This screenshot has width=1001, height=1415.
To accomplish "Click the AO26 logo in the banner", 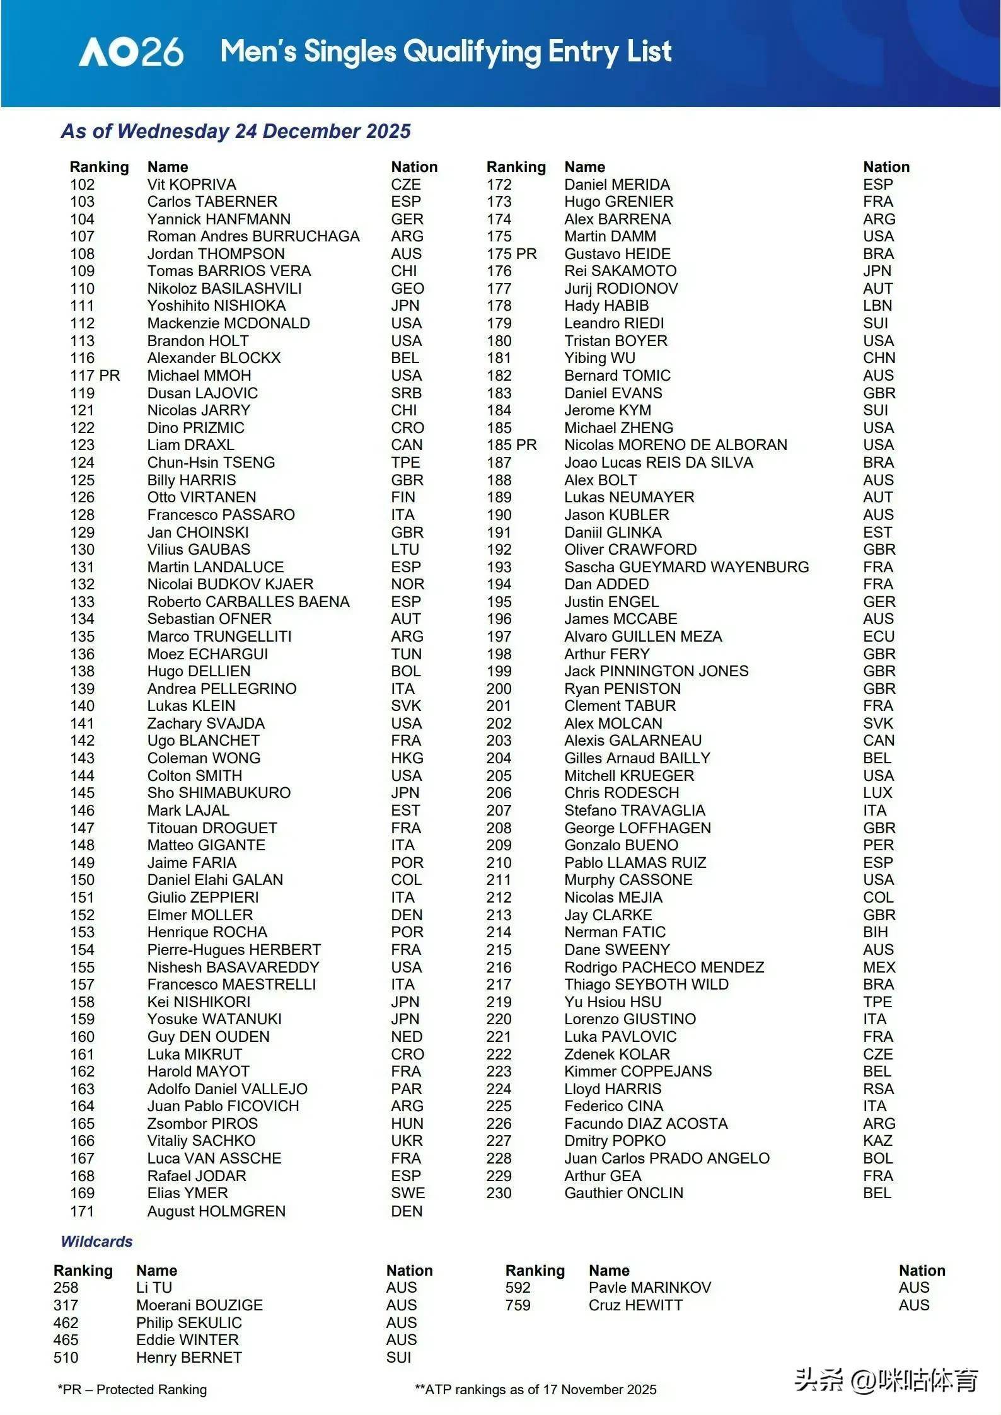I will [x=131, y=52].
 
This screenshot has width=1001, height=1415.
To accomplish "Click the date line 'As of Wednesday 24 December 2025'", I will [x=236, y=131].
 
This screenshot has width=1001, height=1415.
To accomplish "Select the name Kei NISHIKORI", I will [x=199, y=1002].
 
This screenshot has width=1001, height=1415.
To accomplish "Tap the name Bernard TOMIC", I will [x=617, y=376].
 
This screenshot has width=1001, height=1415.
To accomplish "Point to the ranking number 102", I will [x=83, y=185].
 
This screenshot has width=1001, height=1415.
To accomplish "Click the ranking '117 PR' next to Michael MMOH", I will [x=95, y=376].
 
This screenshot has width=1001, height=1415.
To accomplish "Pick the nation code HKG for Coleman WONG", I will [x=407, y=758].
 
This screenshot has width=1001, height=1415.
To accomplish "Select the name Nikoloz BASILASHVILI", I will [x=224, y=289].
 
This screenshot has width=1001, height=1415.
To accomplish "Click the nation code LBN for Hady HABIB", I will [x=877, y=306].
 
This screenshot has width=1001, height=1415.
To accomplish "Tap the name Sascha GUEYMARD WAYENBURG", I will [x=686, y=567].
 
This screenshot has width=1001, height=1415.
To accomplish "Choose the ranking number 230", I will [x=499, y=1193].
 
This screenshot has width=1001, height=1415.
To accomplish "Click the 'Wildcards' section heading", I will [x=96, y=1241].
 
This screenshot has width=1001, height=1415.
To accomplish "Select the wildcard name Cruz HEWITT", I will [x=635, y=1305].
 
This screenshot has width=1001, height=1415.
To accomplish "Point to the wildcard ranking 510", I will [x=66, y=1357].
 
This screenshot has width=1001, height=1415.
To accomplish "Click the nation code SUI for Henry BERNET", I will [x=398, y=1357].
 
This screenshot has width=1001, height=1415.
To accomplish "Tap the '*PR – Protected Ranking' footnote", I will [x=132, y=1389].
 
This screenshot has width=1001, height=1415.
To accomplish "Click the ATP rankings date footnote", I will [x=535, y=1389].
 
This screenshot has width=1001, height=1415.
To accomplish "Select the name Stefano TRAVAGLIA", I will [x=635, y=811].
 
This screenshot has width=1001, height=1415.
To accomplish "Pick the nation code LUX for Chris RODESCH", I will [x=877, y=793].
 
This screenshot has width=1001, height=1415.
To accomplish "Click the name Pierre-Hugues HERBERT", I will [x=234, y=949].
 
